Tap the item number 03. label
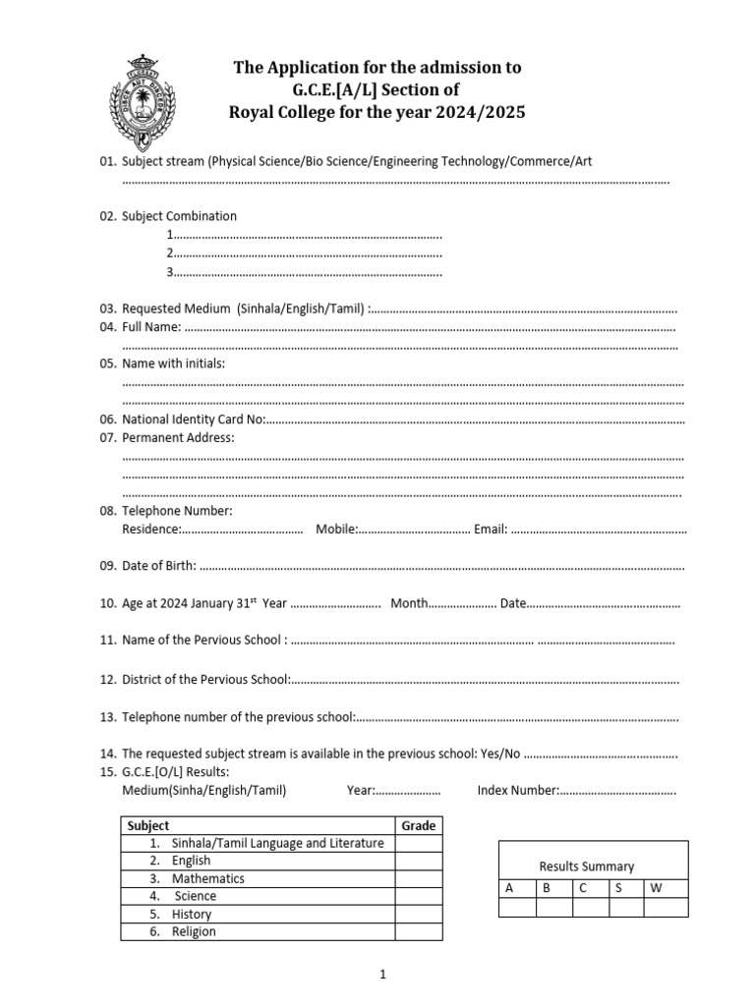pos(108,308)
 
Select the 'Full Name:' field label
pos(151,327)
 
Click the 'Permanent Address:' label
pos(178,437)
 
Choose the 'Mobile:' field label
pos(336,530)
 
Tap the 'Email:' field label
pos(491,530)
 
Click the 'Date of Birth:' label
pos(158,566)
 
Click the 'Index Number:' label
pos(518,790)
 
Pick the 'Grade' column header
pos(418,826)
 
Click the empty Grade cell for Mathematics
pos(419,878)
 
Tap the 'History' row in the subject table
pos(192,914)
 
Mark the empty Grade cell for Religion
pos(419,931)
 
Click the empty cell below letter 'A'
pos(518,907)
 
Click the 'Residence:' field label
pos(150,530)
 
